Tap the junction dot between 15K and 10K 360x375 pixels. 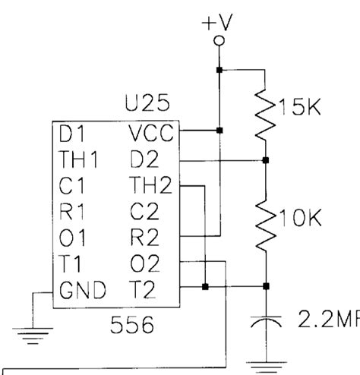coord(265,160)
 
